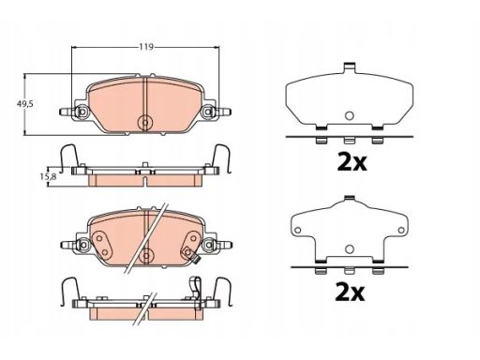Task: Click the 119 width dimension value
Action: coord(146,47)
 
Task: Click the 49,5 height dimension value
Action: coord(24,104)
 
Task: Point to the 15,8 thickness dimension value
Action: coord(48,176)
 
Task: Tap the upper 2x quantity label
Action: coord(352,162)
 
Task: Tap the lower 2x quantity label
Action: coord(350,292)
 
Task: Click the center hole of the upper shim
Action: coord(349,116)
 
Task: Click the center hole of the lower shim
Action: coord(350,249)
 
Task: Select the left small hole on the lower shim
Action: coord(298,231)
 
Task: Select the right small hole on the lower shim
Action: coord(401,231)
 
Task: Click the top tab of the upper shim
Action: coord(349,67)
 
